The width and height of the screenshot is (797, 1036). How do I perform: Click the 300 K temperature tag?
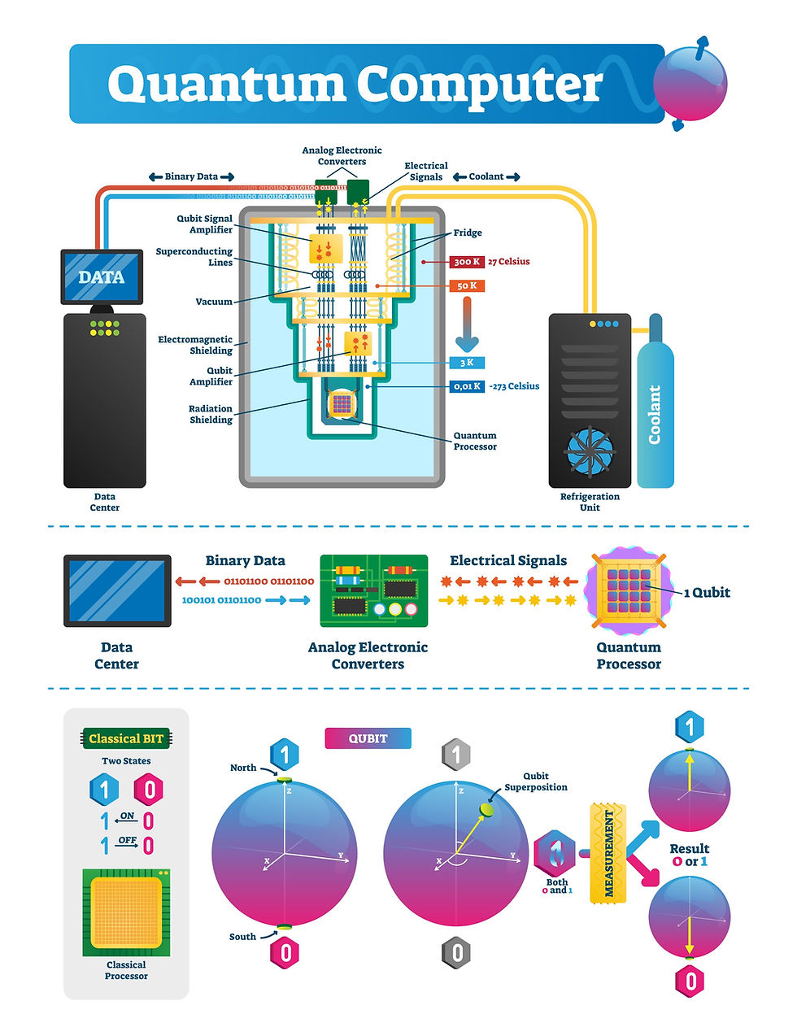467,262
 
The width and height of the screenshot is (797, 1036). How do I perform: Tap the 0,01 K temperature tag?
467,386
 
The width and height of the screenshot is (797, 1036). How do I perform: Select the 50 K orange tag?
467,285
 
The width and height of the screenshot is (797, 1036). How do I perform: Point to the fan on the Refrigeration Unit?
590,453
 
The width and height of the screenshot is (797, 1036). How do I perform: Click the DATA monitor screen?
102,277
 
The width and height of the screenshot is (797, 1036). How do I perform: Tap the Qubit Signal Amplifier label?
205,224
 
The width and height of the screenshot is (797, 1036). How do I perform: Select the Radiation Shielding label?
211,415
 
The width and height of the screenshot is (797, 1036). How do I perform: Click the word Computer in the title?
480,85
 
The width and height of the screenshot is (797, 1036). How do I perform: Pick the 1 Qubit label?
706,593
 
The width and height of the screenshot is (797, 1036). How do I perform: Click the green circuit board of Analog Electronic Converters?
374,591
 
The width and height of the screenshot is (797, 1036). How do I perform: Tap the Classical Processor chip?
126,912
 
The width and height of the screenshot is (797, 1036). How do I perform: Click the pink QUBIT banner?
368,738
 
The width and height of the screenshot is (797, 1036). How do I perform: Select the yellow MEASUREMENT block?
609,852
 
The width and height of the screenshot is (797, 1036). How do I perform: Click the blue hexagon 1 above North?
285,755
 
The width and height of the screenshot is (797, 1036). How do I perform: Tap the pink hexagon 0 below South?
285,952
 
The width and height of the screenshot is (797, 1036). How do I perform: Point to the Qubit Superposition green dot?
487,809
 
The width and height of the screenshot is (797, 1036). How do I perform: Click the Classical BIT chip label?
126,738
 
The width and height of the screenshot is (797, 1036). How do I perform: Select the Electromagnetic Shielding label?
195,345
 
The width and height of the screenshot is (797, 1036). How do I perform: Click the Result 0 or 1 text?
689,855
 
